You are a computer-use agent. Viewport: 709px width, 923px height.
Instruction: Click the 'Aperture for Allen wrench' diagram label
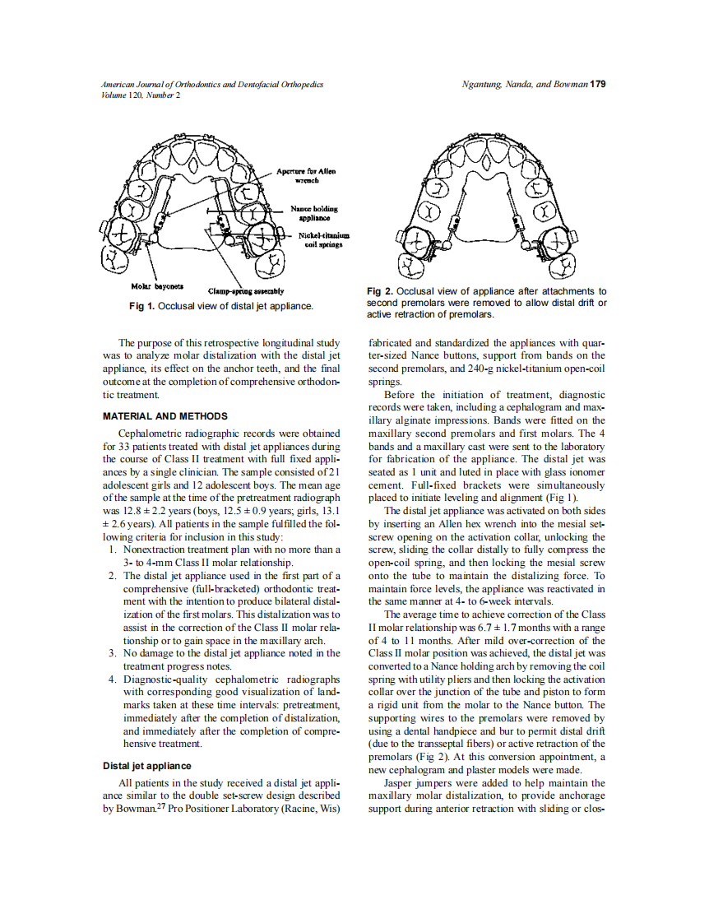click(305, 175)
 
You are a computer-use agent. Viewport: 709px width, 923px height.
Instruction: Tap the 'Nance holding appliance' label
click(313, 213)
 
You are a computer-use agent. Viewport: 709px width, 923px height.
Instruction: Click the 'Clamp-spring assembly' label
click(246, 291)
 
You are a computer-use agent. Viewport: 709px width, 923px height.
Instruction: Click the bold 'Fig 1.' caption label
click(142, 306)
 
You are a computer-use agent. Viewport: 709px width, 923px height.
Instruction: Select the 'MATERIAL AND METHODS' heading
click(165, 416)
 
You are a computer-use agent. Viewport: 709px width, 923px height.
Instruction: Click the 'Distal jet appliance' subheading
click(147, 766)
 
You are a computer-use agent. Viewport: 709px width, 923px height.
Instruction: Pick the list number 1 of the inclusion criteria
click(112, 549)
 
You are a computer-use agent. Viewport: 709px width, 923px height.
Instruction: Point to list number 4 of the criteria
click(112, 679)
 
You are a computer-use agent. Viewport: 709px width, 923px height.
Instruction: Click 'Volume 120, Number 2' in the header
click(141, 95)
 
